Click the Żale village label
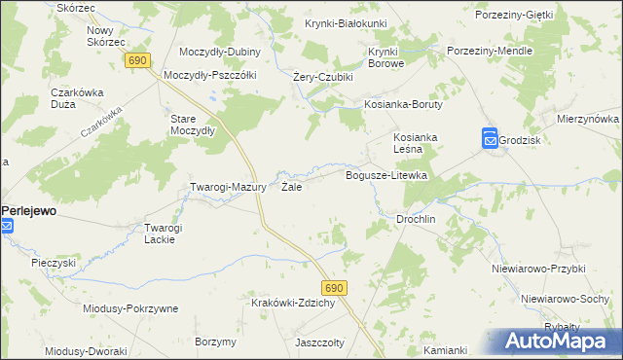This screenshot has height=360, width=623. (291, 187)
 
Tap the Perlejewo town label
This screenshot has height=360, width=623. (29, 209)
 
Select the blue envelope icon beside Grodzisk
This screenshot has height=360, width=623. (490, 140)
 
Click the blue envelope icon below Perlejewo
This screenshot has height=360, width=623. (7, 227)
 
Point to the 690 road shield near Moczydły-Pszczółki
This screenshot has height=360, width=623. (137, 60)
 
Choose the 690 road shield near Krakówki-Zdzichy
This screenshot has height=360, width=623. (336, 288)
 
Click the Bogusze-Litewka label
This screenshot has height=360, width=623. (387, 175)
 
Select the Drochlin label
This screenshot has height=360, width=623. (415, 220)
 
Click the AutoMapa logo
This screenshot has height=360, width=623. (559, 342)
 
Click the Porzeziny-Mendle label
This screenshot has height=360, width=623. (488, 50)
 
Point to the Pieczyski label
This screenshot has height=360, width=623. (54, 263)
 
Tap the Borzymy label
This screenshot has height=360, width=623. (215, 342)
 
